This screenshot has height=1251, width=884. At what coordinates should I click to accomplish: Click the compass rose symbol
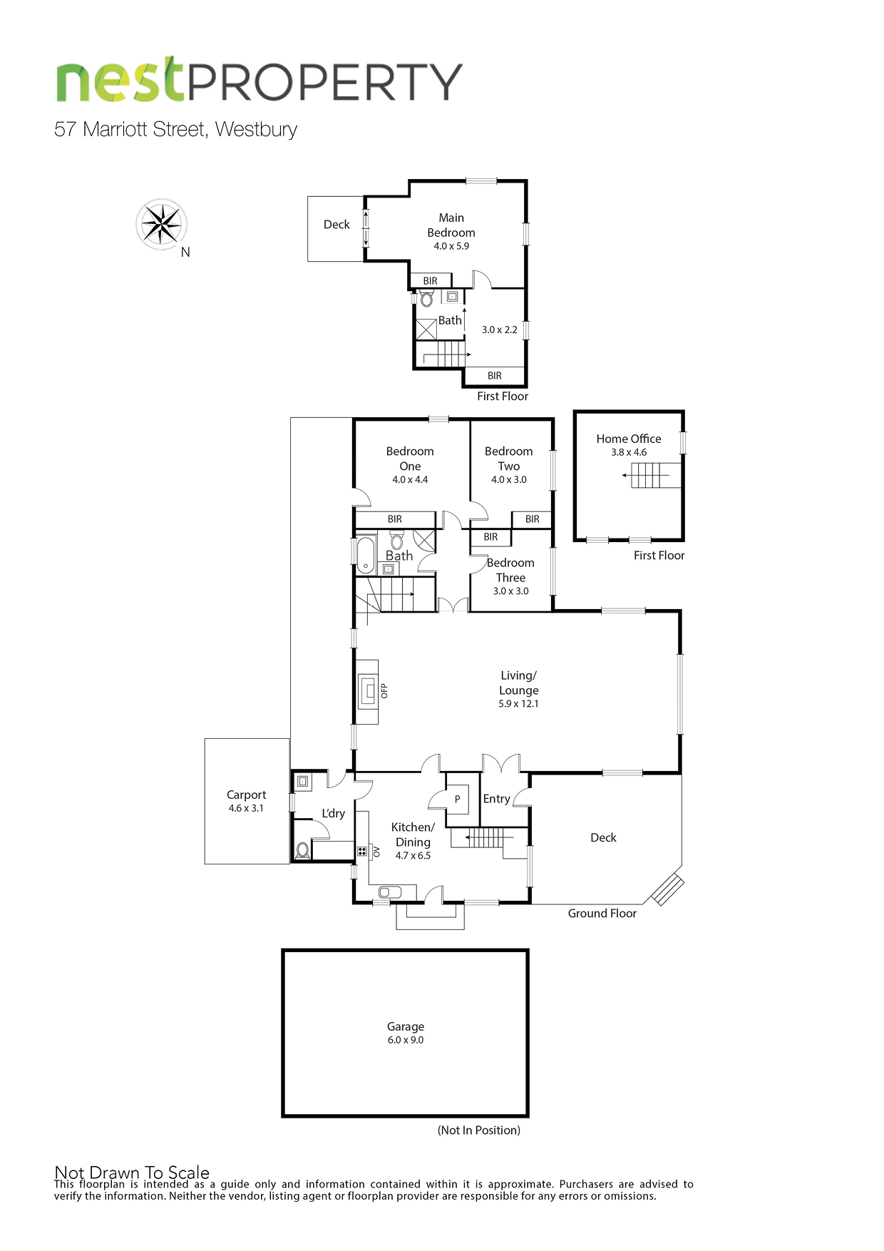coord(162,224)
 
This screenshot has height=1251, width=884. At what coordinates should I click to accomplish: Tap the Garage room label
coord(406,1026)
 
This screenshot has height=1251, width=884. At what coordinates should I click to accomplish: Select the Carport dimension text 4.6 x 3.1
coord(246,808)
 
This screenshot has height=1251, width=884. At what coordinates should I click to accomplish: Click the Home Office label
coord(629,439)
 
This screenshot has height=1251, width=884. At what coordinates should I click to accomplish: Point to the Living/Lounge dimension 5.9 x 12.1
coord(518,703)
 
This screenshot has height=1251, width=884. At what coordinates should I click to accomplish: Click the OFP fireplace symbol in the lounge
coord(368,690)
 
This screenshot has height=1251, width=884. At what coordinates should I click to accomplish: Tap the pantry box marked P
coord(457,800)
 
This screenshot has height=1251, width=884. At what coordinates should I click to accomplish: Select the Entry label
coord(496,799)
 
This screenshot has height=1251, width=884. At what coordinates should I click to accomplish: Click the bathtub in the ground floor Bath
coord(366,555)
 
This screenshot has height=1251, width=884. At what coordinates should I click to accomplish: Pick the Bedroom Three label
coord(510,570)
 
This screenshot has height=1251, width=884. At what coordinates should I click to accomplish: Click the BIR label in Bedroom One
coord(394,519)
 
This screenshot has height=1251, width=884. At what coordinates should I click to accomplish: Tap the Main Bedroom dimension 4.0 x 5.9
coord(451,246)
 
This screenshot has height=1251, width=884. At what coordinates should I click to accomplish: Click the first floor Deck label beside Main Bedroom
coord(336,225)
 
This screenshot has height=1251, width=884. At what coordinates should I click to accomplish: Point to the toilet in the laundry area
coord(302,849)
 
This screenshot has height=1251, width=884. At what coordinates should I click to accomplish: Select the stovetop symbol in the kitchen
coord(361,851)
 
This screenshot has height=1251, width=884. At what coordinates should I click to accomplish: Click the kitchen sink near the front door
coord(390,892)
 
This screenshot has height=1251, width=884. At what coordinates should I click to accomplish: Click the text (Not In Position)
coord(479,1130)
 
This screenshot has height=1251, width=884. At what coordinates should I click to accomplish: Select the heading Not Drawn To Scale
coord(132,1172)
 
